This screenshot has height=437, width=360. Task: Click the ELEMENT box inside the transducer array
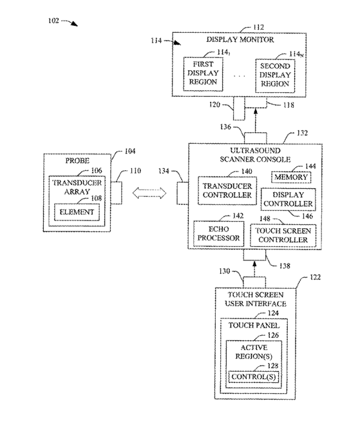[77, 212]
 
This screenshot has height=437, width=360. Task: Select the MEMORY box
[291, 177]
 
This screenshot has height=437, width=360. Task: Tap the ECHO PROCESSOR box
[218, 233]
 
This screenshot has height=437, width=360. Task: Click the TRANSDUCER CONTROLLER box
[227, 191]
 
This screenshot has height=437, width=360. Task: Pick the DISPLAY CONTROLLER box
[288, 199]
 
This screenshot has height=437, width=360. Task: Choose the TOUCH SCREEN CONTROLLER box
[283, 235]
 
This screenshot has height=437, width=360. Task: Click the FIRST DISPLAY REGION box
[203, 74]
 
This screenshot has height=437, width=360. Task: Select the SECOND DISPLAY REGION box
[275, 75]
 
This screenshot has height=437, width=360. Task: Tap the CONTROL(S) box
[253, 377]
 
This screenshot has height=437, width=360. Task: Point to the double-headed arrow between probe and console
[149, 193]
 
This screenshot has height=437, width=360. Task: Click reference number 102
[53, 21]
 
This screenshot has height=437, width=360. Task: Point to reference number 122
[315, 277]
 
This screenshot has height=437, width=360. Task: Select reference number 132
[302, 133]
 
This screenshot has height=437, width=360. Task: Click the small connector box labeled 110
[116, 193]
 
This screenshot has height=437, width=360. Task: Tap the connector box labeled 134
[183, 193]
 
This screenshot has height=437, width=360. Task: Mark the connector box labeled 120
[239, 108]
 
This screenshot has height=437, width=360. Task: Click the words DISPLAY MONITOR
[240, 39]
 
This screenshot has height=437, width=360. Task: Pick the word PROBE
[77, 160]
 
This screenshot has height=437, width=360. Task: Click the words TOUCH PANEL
[254, 325]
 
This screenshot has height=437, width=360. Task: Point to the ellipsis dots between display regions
[240, 76]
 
